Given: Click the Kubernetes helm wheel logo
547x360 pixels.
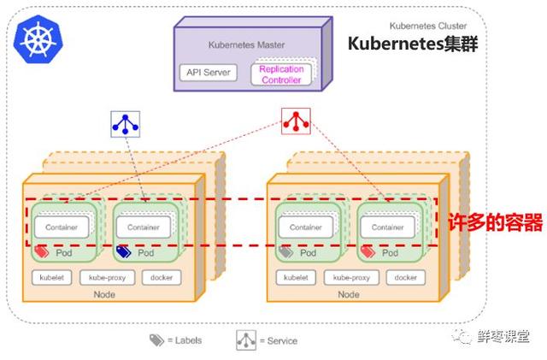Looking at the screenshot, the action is (x=38, y=38).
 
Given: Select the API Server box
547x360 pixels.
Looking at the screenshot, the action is (x=209, y=73).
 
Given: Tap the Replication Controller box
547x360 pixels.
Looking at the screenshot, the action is (x=281, y=74).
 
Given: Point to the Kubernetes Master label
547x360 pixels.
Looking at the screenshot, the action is (x=246, y=44).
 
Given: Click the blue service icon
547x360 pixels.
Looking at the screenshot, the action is (x=126, y=124).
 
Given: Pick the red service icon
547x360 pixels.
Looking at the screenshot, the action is (x=296, y=121).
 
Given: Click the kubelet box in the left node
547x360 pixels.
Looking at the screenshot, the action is (x=51, y=278).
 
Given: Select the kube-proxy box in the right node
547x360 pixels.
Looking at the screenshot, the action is (x=351, y=278).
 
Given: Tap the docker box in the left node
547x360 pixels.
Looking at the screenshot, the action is (x=162, y=278).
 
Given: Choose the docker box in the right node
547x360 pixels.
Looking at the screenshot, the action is (x=406, y=278).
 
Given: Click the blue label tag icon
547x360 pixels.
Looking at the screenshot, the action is (x=123, y=251).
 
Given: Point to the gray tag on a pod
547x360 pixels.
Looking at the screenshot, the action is (x=285, y=251).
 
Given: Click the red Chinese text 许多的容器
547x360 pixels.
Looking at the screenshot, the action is (x=496, y=222).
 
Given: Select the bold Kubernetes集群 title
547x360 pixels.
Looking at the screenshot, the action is (x=413, y=44).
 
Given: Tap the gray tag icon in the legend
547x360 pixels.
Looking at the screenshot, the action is (x=156, y=339).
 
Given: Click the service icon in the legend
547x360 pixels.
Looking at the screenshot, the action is (x=246, y=340).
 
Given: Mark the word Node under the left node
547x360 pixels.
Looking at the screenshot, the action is (x=104, y=295).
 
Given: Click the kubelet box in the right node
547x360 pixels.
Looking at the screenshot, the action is (x=296, y=278).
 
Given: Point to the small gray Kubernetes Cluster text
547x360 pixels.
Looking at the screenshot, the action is (x=428, y=26).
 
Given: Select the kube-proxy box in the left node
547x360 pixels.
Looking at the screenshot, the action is (x=107, y=278).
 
